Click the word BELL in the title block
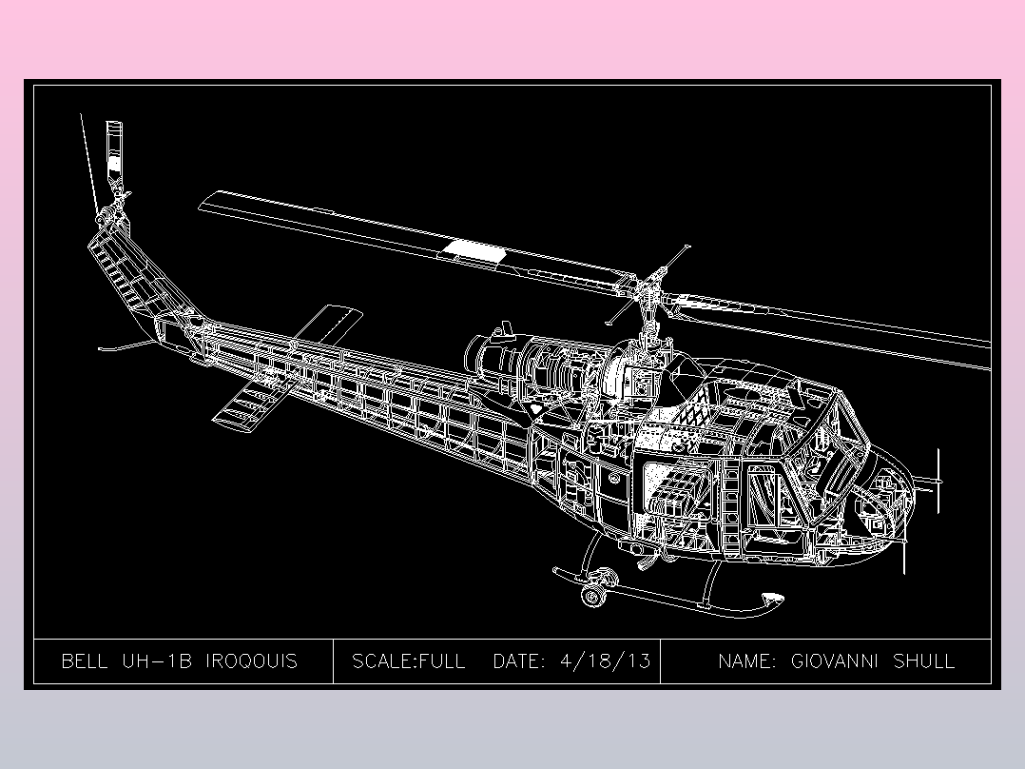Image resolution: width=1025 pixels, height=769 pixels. coord(84,661)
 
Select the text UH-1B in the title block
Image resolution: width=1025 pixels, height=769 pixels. coord(158,661)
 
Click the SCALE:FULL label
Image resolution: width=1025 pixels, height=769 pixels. coord(409,661)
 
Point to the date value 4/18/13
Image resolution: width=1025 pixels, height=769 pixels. coord(606,661)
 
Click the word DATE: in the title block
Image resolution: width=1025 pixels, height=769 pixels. coord(519,661)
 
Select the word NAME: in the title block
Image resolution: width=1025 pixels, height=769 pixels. coord(747,661)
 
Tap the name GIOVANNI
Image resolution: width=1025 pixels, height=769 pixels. coord(835,661)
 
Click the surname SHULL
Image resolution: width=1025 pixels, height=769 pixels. coord(923,661)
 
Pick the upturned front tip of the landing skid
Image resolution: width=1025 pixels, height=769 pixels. coord(772,600)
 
